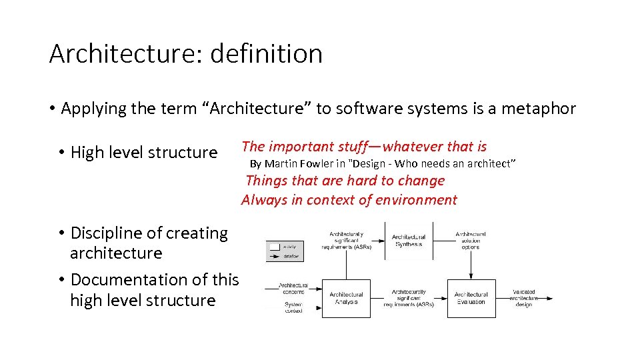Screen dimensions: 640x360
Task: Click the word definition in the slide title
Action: (x=266, y=53)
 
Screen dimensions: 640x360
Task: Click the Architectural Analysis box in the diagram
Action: (x=346, y=298)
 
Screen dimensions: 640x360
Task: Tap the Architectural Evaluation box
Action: (x=471, y=298)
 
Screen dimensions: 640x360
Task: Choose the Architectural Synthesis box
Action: (x=408, y=241)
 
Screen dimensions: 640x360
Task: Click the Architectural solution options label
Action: (x=471, y=241)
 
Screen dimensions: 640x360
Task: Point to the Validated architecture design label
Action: (x=524, y=299)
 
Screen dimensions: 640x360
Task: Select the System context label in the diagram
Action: (x=293, y=307)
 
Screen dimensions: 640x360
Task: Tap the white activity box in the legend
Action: (x=273, y=246)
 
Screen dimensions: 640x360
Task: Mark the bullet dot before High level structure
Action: (x=60, y=153)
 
